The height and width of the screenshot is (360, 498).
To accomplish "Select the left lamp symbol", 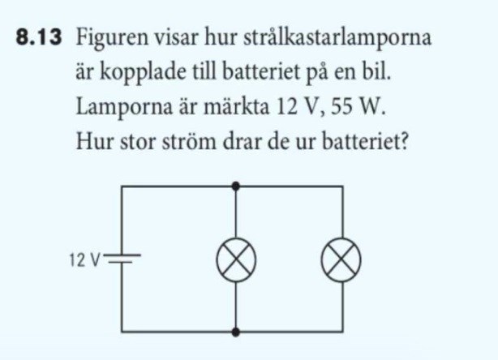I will [235, 260].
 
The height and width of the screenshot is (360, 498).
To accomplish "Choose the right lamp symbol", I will [341, 260].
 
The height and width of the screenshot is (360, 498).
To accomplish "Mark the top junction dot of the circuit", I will [235, 186].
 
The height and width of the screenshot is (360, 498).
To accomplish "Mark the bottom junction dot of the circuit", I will [235, 332].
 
